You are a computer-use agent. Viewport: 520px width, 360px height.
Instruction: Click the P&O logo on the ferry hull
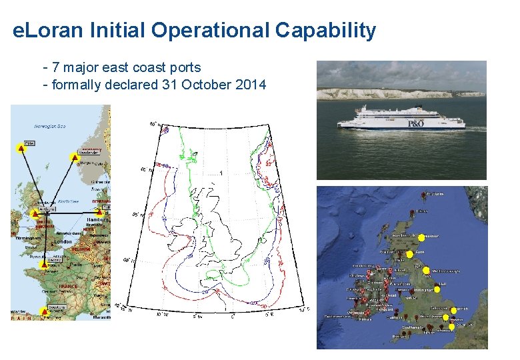pos(420,123)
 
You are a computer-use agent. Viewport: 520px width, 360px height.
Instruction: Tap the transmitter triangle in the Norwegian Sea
pos(21,149)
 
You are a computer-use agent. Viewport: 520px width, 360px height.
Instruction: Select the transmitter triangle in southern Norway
pos(74,157)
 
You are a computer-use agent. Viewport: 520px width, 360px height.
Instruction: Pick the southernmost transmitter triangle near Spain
pos(45,311)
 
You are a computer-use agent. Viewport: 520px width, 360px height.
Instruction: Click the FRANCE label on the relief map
pos(67,286)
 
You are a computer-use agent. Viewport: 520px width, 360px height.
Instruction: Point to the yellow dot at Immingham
pos(437,288)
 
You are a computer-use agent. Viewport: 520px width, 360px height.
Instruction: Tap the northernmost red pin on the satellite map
pos(425,195)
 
